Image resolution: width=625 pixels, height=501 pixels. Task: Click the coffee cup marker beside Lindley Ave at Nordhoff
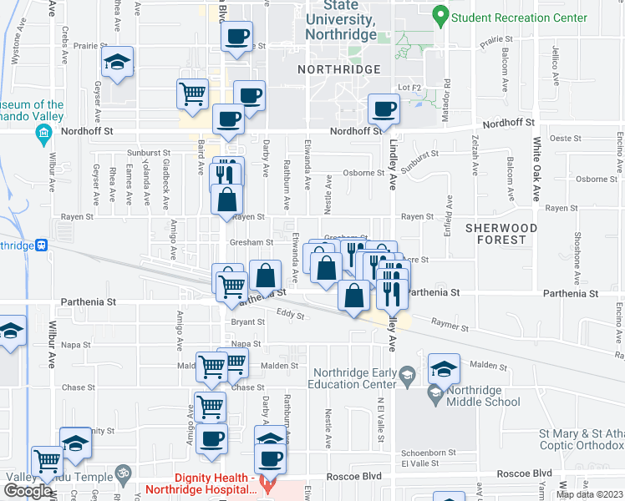tap(384, 109)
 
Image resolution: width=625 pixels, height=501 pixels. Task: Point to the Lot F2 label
tap(409, 88)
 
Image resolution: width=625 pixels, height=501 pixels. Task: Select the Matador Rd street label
tap(448, 97)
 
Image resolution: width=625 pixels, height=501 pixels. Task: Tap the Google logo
tap(28, 490)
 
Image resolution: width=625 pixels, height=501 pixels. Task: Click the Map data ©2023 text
tap(589, 494)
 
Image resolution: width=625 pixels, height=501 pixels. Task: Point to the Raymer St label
tap(450, 322)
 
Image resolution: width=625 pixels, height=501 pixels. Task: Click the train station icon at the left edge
tap(41, 245)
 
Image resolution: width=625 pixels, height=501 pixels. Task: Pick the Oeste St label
tap(566, 138)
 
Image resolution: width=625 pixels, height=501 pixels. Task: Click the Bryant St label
tap(247, 321)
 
